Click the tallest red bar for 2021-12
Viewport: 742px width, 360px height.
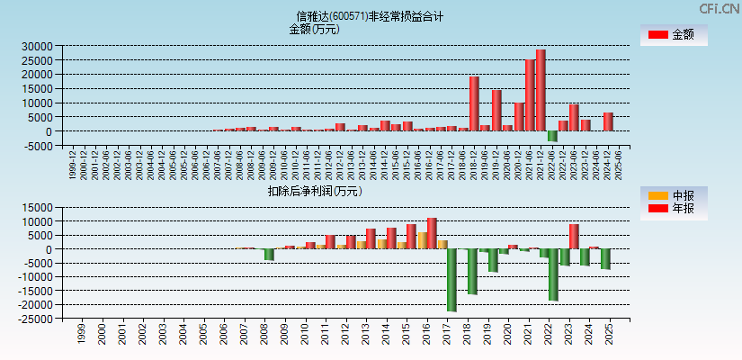[x=541, y=90]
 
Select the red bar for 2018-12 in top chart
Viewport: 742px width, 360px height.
[x=474, y=103]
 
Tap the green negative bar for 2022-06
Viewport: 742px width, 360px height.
[x=552, y=136]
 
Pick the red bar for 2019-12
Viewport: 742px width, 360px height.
[x=496, y=110]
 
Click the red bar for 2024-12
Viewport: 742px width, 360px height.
[x=608, y=121]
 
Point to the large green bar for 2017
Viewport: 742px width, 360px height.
[x=452, y=280]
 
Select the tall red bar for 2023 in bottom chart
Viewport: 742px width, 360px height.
[x=574, y=236]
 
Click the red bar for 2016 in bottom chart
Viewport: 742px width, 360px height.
[x=433, y=233]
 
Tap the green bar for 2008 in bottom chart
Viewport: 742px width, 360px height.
[x=269, y=254]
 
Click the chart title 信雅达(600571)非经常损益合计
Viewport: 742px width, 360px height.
[x=371, y=16]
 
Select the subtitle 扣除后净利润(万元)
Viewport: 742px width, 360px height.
[x=314, y=191]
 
